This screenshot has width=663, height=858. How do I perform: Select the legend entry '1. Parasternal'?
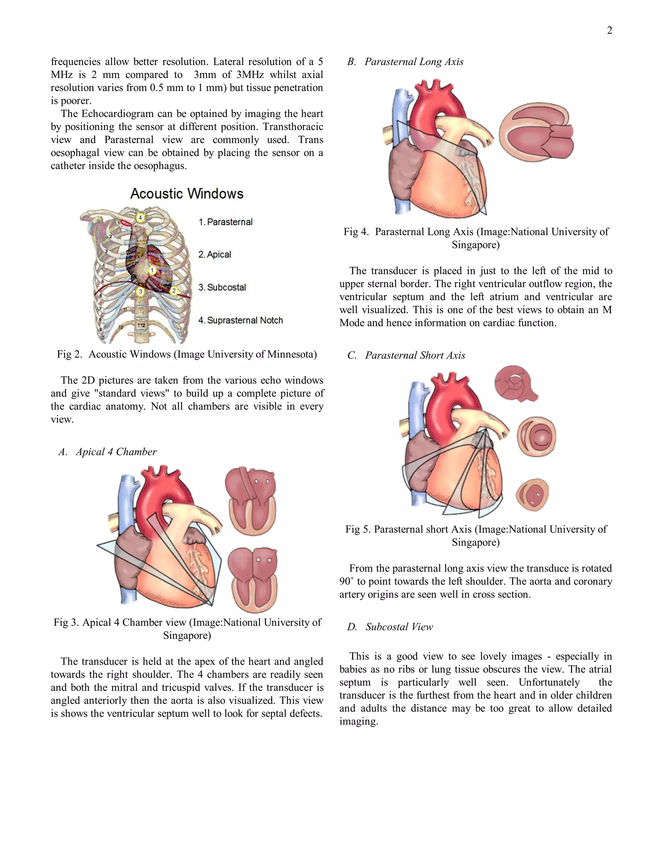225,222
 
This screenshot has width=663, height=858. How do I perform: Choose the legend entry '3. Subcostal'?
222,288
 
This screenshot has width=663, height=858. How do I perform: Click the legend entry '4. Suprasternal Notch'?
241,321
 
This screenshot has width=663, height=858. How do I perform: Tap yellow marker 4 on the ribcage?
140,217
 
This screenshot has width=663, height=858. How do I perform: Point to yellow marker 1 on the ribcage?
152,270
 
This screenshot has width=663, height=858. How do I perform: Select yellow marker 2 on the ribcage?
174,291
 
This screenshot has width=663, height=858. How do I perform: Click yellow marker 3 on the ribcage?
140,291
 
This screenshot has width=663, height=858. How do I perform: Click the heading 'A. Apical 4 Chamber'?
107,452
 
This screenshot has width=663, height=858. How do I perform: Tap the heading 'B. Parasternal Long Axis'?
405,62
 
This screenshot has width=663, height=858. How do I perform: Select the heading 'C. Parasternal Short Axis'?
406,355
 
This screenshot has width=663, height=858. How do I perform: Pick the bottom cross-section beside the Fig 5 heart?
533,495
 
